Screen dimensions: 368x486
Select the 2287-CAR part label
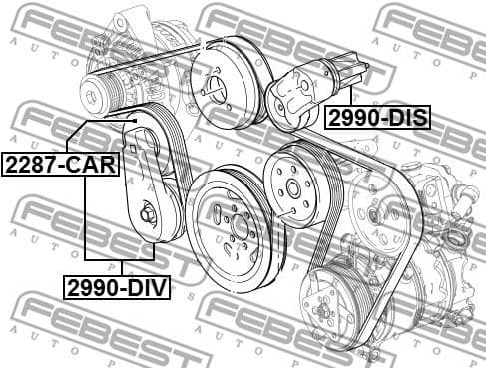[60, 163]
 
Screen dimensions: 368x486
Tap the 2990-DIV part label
[117, 288]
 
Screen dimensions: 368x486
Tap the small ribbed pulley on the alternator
[104, 90]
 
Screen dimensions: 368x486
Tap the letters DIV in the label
[147, 288]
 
